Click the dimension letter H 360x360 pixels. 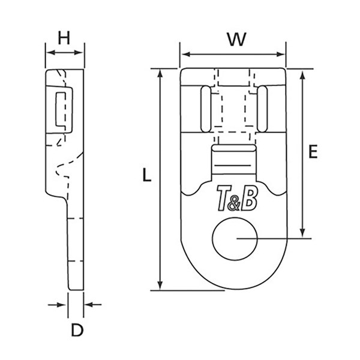64,38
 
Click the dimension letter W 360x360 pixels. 237,40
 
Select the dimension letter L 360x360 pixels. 147,175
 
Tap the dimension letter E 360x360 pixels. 313,151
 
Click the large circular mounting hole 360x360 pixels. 235,239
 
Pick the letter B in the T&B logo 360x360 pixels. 250,197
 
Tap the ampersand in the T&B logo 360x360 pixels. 234,203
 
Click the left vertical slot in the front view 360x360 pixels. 205,109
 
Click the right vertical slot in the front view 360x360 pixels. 262,109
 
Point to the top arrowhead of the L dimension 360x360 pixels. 160,73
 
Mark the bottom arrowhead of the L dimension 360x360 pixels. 160,286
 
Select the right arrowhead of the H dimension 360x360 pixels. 79,53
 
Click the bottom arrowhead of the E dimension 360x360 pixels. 302,233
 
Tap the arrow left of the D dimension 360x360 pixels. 57,305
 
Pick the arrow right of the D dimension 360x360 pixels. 93,305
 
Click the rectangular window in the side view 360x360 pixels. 60,109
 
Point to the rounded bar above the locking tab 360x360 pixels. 234,148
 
